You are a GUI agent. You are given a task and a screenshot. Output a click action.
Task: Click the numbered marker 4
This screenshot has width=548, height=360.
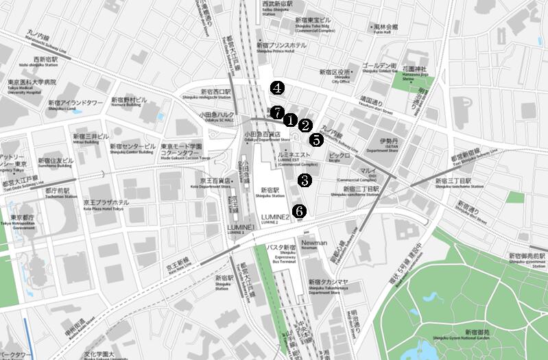point(277,88)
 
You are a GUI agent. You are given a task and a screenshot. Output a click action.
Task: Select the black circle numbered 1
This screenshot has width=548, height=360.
point(290,120)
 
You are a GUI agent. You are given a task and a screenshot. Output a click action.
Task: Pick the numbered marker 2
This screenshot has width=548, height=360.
point(305,125)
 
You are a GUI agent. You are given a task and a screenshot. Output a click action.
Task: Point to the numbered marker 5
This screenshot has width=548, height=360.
point(315,140)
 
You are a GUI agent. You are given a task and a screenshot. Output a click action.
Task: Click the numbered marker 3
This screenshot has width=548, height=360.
point(305,180)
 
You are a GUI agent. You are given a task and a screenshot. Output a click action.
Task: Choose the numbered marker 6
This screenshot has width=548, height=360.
point(298,211)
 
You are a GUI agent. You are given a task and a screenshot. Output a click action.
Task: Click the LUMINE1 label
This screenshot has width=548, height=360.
point(239,226)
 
